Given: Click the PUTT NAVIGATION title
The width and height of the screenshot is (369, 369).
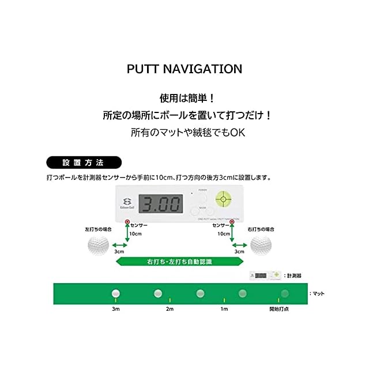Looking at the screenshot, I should click(x=184, y=69).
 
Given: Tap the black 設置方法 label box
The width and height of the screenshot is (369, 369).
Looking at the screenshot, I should click(x=84, y=162).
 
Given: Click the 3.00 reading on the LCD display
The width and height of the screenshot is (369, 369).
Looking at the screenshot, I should click(x=160, y=204).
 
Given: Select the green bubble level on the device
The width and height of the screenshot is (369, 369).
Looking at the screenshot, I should click(x=223, y=199).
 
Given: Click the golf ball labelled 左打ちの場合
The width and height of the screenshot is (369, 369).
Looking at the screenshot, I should click(x=98, y=244).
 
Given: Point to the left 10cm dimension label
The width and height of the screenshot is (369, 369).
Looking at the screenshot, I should click(x=135, y=234).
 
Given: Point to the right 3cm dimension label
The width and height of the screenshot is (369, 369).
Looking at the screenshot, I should click(x=239, y=252).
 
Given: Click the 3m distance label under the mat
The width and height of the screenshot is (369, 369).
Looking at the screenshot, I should click(x=115, y=310).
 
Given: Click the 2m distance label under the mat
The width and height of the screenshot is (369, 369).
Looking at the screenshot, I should click(x=170, y=310).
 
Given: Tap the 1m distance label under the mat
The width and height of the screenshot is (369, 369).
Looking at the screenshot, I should click(x=224, y=310).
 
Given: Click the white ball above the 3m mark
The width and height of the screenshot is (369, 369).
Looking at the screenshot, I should click(x=115, y=293).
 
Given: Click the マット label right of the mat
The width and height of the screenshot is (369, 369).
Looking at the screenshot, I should click(x=318, y=293).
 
